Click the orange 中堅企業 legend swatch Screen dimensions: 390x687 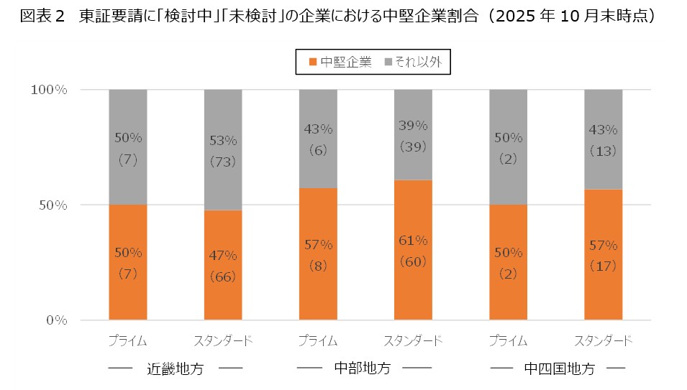(312, 62)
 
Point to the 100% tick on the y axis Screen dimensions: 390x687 (49, 90)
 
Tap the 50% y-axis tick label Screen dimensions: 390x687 (53, 205)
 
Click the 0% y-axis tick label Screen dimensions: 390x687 (56, 320)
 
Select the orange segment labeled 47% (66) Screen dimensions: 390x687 (223, 265)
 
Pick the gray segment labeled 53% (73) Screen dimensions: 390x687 (223, 149)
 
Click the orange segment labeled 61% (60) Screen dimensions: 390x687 (413, 250)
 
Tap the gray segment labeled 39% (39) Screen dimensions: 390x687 (413, 134)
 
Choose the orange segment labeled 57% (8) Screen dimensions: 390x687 (318, 254)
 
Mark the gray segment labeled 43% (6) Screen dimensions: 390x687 (318, 139)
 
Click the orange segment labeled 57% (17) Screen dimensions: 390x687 (603, 255)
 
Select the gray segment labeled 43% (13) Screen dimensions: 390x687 (603, 139)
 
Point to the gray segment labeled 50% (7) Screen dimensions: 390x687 (128, 147)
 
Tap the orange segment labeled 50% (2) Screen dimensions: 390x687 (508, 263)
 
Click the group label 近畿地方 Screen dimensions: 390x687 (176, 369)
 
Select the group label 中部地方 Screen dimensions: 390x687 (363, 368)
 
